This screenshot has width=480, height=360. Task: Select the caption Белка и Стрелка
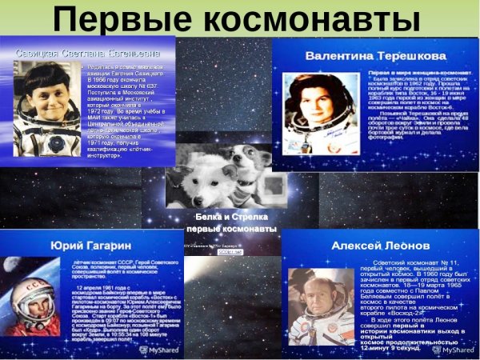click(x=232, y=217)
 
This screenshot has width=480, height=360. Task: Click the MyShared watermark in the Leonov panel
click(x=458, y=350)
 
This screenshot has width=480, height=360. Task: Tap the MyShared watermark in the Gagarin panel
click(x=162, y=350)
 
